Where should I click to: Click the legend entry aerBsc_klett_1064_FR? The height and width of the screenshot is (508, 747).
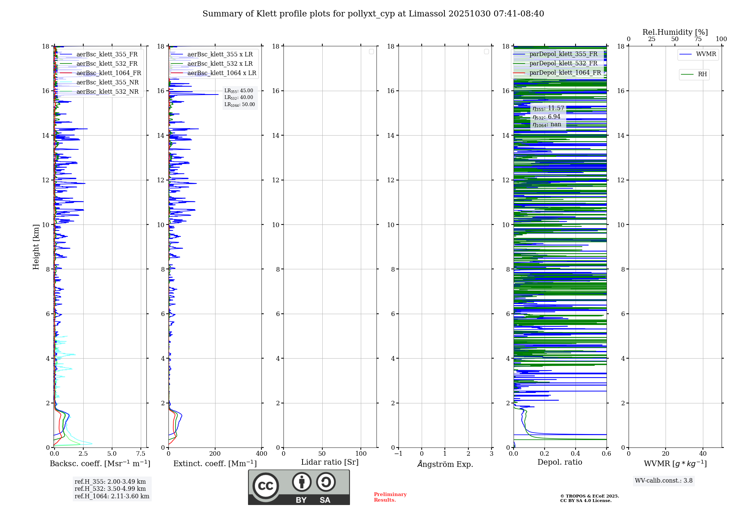pyautogui.click(x=109, y=73)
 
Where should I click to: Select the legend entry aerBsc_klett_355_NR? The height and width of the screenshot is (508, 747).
pyautogui.click(x=108, y=83)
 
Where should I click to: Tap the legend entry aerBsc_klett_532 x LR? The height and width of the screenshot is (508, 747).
pyautogui.click(x=220, y=64)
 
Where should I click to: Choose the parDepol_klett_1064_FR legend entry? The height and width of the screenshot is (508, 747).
pyautogui.click(x=565, y=73)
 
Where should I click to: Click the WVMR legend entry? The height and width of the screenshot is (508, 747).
pyautogui.click(x=706, y=54)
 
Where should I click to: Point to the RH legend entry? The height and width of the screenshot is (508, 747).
pyautogui.click(x=702, y=74)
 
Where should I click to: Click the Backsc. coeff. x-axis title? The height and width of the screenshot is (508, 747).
pyautogui.click(x=100, y=464)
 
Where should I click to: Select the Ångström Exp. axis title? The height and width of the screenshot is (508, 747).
pyautogui.click(x=445, y=464)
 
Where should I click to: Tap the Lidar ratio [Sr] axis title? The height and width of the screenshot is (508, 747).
pyautogui.click(x=330, y=462)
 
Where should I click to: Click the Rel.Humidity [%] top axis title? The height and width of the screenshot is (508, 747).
pyautogui.click(x=675, y=32)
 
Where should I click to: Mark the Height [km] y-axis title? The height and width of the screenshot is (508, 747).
pyautogui.click(x=36, y=247)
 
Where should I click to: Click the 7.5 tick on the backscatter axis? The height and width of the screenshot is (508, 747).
pyautogui.click(x=141, y=454)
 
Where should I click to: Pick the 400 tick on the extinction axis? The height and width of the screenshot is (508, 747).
pyautogui.click(x=261, y=454)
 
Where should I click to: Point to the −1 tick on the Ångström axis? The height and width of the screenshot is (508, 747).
pyautogui.click(x=399, y=454)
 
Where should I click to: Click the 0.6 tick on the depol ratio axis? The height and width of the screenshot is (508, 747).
pyautogui.click(x=606, y=454)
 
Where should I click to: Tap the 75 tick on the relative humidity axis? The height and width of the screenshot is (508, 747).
pyautogui.click(x=698, y=39)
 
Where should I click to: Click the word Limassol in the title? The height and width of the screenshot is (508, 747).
pyautogui.click(x=427, y=14)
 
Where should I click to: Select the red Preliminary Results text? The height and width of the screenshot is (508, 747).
pyautogui.click(x=390, y=497)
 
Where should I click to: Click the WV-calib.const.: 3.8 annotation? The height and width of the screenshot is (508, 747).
pyautogui.click(x=664, y=481)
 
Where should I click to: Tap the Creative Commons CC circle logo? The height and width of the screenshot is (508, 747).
pyautogui.click(x=266, y=486)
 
